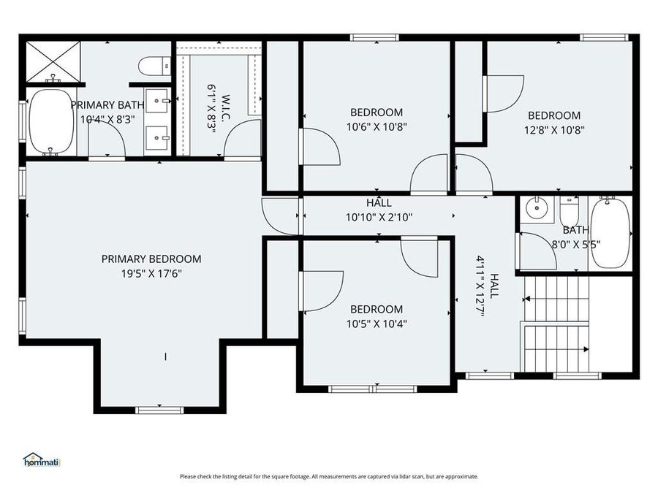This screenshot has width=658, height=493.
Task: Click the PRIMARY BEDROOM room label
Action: [x=151, y=259]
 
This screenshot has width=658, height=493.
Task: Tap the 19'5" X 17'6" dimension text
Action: [x=151, y=274]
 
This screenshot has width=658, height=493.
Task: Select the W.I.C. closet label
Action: [x=225, y=107]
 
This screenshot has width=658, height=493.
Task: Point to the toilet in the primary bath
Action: [x=154, y=66]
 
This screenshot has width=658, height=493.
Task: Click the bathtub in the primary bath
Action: [x=50, y=121]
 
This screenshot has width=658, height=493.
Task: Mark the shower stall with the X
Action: [x=53, y=61]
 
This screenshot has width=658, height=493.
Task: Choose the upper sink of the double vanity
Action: [x=157, y=101]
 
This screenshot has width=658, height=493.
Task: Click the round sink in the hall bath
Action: [x=535, y=208]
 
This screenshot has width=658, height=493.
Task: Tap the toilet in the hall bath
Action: [x=570, y=211]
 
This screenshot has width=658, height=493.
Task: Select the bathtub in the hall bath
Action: [x=610, y=233]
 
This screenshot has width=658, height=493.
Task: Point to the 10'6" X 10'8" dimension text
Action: [x=377, y=126]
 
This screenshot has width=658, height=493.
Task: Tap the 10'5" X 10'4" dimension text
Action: [x=377, y=324]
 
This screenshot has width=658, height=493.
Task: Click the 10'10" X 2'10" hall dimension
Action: [x=379, y=217]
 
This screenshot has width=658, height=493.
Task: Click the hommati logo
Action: [x=42, y=460]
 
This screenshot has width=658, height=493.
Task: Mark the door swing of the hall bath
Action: [x=538, y=251]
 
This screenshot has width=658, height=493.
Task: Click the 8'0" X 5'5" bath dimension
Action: [x=576, y=245]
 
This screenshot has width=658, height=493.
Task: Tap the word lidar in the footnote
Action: [x=388, y=477]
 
